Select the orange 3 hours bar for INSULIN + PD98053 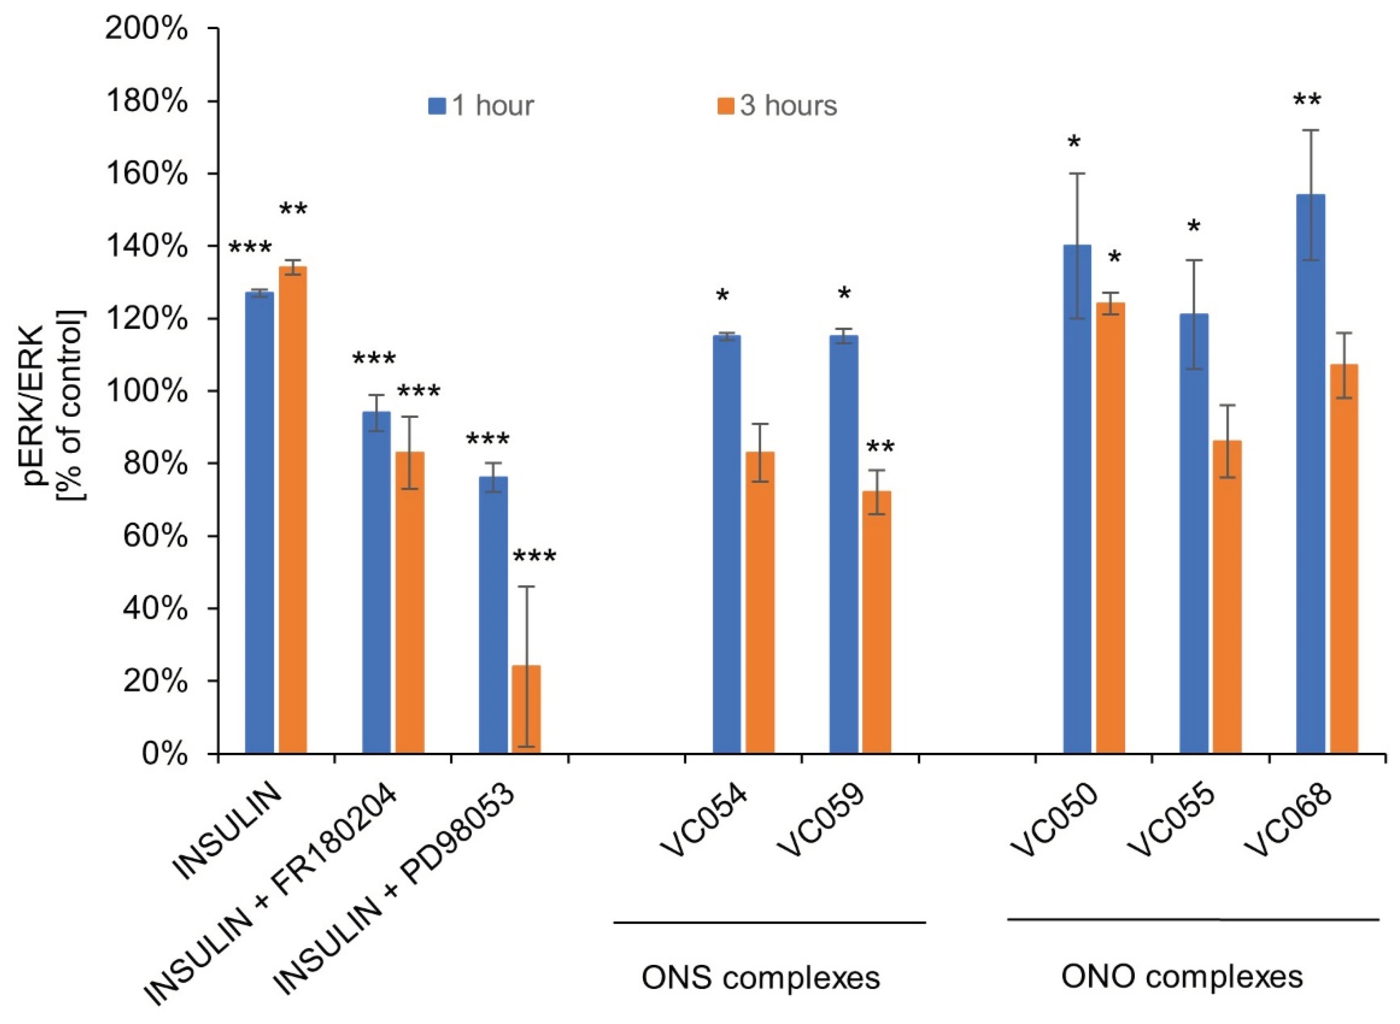pos(526,710)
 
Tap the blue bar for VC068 pos(1310,474)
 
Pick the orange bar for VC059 pos(876,622)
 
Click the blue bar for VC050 pos(1077,499)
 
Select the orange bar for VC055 pos(1227,597)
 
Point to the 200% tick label pos(146,29)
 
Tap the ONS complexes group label pos(760,978)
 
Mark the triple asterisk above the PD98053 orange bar pos(534,556)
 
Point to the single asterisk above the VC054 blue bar pos(722,295)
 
